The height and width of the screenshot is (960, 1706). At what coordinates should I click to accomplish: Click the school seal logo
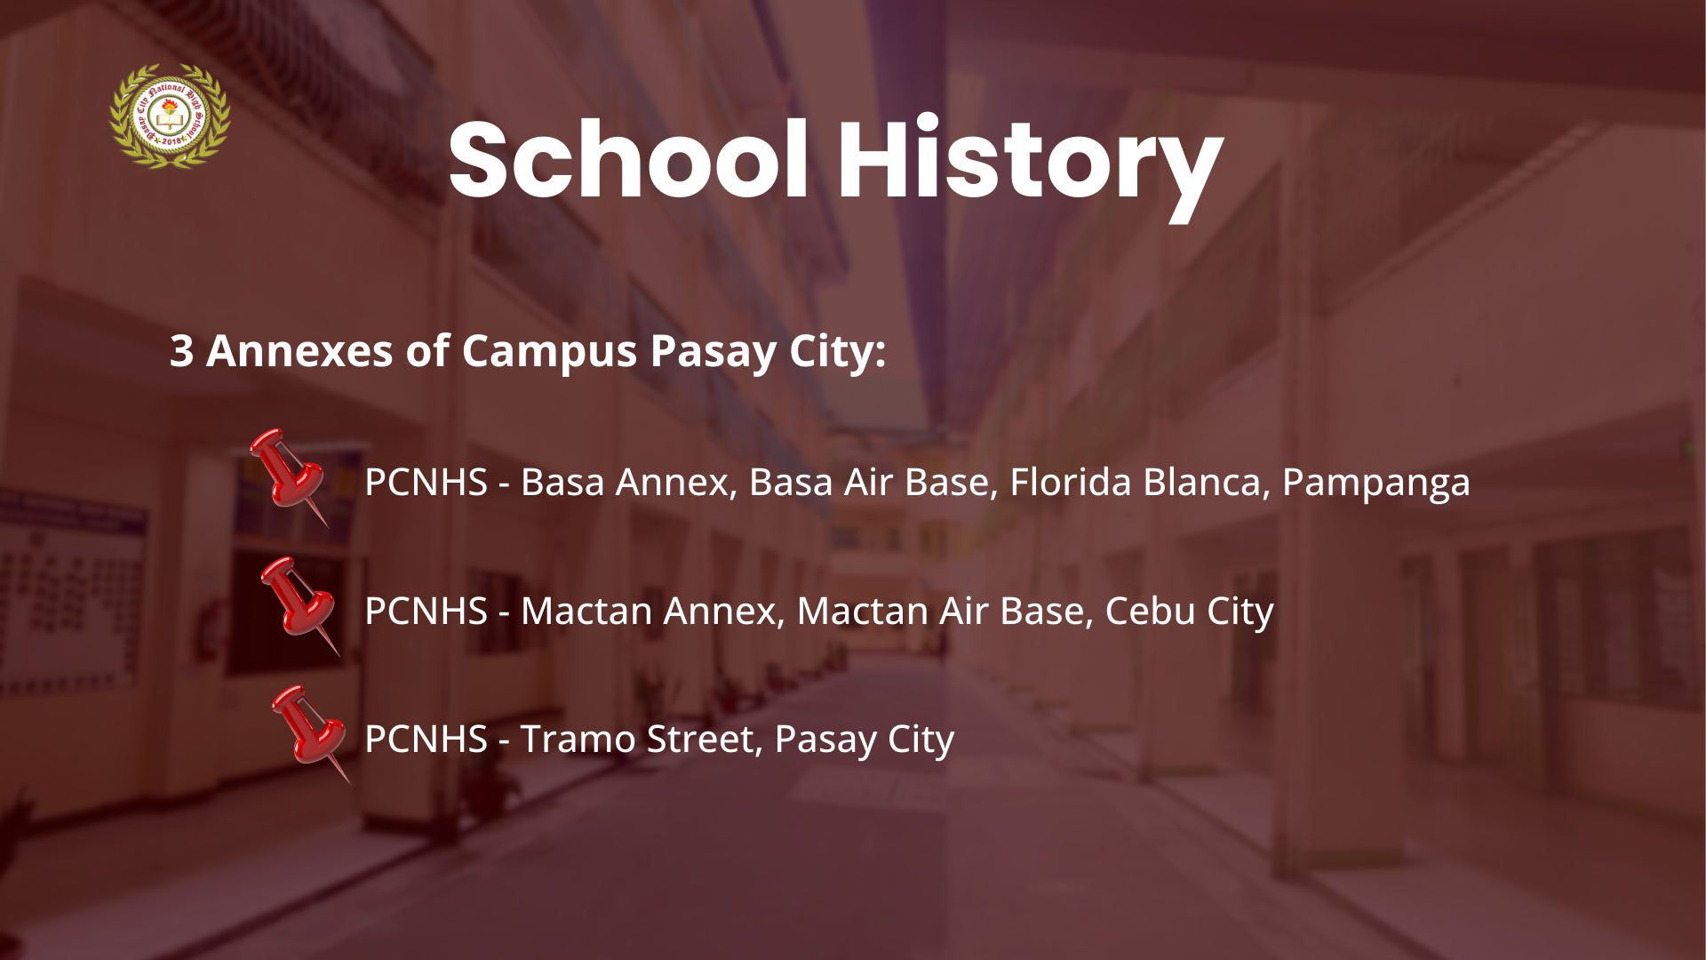[170, 116]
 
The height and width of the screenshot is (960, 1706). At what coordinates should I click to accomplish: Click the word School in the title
[628, 161]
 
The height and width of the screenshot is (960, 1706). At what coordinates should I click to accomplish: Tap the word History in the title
[1030, 167]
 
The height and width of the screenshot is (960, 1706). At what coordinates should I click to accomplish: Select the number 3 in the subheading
[181, 351]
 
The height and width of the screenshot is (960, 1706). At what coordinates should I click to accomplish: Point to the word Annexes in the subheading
[299, 351]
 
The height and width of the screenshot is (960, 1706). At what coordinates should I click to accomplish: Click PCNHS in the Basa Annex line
[426, 482]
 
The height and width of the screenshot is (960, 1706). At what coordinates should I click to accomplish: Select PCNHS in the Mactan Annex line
[426, 611]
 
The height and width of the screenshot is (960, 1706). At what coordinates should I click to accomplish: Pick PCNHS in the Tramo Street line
[426, 740]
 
